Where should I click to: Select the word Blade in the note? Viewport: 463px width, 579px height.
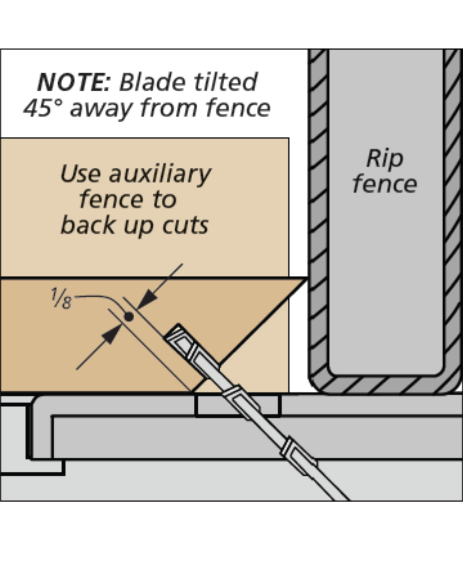151,82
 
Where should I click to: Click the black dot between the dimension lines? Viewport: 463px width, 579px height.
128,317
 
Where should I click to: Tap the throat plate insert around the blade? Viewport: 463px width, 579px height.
238,406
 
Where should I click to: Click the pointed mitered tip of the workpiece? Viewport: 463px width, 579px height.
305,280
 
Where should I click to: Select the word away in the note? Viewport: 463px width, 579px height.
101,108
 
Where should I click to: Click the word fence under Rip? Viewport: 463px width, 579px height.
385,184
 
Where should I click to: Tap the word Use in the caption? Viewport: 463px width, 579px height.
80,174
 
